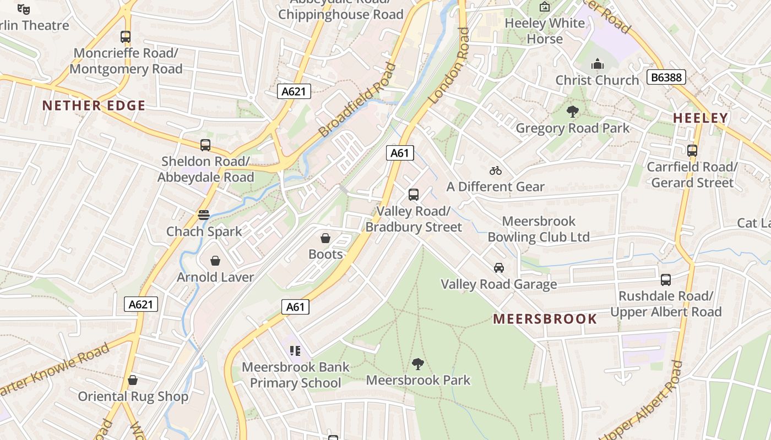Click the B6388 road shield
click(x=666, y=77)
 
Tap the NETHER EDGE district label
click(x=94, y=106)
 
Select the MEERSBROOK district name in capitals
click(x=545, y=319)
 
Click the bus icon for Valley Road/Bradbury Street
click(x=414, y=194)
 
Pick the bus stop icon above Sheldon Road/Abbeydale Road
click(x=205, y=145)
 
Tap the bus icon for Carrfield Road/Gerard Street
click(x=692, y=150)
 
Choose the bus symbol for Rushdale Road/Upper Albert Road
click(x=666, y=279)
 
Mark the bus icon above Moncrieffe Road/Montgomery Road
click(x=126, y=37)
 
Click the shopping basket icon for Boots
click(x=325, y=238)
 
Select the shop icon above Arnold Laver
click(x=215, y=261)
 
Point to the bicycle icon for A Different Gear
click(x=496, y=170)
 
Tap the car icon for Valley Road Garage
click(x=499, y=268)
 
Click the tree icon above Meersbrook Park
click(x=418, y=364)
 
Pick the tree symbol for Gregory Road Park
click(x=573, y=112)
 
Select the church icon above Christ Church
click(x=598, y=64)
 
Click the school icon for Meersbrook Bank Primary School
click(x=295, y=350)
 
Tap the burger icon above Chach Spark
click(x=204, y=215)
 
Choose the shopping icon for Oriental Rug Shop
click(x=133, y=380)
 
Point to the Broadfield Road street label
click(x=358, y=101)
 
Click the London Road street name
click(x=449, y=66)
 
